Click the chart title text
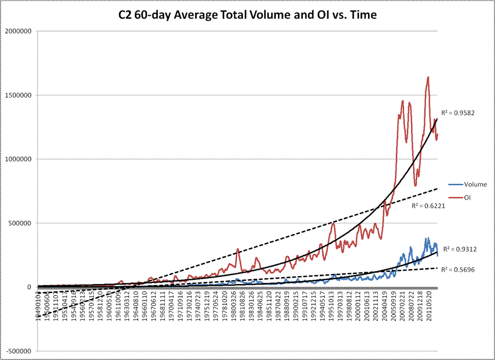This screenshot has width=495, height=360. coord(247,16)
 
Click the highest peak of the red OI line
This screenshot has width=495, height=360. coord(428,77)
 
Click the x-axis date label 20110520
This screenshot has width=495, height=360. coord(429,307)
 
